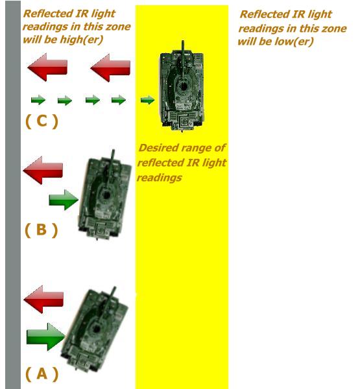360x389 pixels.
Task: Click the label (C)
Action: coord(42,121)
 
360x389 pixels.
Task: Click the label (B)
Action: coord(42,230)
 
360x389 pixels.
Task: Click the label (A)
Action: coord(42,373)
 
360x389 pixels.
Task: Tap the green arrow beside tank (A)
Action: coord(45,336)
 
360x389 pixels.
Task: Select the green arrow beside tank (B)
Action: coord(64,200)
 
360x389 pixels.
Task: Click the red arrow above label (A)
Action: coord(43,299)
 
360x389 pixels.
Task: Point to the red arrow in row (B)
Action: coord(43,170)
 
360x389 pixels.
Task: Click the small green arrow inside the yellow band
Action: coord(147,100)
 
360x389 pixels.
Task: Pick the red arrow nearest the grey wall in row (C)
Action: coord(47,67)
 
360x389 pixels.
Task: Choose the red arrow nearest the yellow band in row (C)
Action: coord(110,67)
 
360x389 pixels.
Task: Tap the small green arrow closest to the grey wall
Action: coord(38,100)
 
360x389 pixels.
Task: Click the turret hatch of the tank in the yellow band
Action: coord(184,86)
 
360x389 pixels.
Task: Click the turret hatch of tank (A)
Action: coord(96,329)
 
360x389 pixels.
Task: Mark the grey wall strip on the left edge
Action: coord(13,194)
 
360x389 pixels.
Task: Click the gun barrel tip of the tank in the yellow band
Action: coord(183,41)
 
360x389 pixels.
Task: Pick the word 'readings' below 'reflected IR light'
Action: coord(160,178)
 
